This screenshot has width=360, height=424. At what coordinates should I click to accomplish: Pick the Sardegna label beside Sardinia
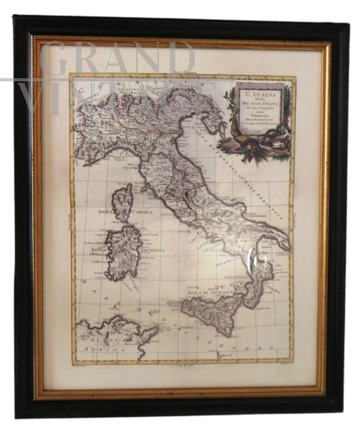tap(150, 250)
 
